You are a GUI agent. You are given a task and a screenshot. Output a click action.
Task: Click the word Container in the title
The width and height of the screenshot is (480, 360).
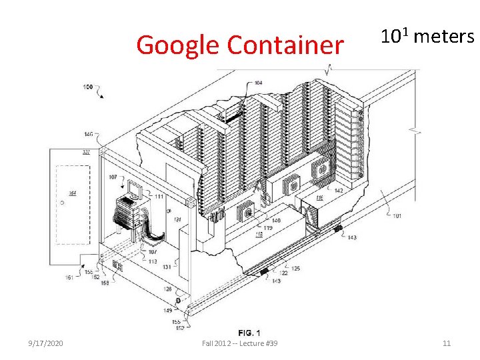[x=285, y=45]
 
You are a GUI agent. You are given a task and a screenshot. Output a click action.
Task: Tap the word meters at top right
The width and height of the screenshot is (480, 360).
[x=443, y=37]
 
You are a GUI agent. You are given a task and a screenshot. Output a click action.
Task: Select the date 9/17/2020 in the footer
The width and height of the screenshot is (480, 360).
[x=46, y=343]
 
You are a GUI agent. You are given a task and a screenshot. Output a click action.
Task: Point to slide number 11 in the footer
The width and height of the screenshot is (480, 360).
[x=447, y=343]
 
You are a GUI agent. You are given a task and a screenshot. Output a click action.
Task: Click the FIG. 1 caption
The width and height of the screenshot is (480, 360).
[x=249, y=333]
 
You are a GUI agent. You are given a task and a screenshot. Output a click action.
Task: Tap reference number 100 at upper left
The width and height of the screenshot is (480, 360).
[x=88, y=87]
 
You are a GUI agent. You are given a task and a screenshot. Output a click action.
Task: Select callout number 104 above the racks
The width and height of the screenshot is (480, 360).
[x=257, y=83]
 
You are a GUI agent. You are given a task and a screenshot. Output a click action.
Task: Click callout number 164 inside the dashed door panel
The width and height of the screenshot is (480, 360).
[x=72, y=193]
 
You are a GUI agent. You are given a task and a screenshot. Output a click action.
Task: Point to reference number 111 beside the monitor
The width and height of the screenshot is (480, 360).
[x=159, y=197]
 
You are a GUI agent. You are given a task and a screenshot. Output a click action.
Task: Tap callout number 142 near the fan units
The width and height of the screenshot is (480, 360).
[x=338, y=191]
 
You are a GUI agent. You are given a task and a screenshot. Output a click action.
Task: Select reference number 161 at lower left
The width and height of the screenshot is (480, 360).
[x=69, y=277]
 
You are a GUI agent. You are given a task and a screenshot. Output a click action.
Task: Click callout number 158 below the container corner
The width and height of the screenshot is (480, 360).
[x=105, y=283]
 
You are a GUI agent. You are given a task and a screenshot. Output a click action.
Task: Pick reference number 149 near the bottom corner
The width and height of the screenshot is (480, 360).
[x=168, y=310]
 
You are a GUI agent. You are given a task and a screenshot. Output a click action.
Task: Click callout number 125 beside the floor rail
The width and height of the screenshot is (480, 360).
[x=295, y=268]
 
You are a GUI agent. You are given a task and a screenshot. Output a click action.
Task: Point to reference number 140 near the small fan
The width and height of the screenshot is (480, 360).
[x=275, y=221]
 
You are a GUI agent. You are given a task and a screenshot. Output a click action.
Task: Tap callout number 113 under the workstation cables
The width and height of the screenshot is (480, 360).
[x=153, y=261]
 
